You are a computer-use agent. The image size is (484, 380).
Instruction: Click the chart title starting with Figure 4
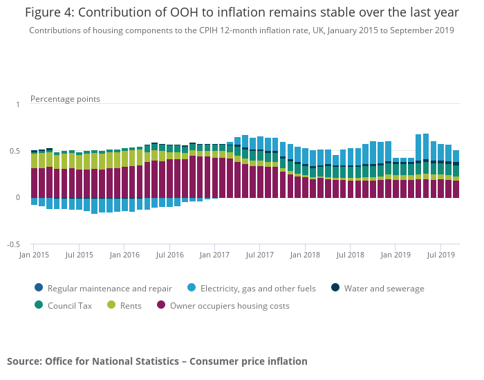(x=241, y=12)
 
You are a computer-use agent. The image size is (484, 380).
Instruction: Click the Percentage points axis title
(x=65, y=99)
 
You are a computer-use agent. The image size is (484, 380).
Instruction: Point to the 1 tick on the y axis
(x=18, y=105)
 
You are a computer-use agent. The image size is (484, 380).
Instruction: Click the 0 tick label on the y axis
(x=18, y=198)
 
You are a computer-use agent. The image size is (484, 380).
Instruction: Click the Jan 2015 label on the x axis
(x=35, y=255)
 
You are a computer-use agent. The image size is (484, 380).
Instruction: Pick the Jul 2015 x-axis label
(x=80, y=255)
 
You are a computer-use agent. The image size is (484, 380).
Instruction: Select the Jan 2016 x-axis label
(x=124, y=255)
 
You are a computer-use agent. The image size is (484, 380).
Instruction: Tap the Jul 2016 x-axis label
(x=170, y=255)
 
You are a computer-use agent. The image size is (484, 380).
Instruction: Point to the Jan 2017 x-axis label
(x=215, y=255)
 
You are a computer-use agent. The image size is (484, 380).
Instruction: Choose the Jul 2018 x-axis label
(x=351, y=255)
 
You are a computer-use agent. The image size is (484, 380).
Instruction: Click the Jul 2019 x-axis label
(x=441, y=255)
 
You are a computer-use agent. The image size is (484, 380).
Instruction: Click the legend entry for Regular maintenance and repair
(x=104, y=289)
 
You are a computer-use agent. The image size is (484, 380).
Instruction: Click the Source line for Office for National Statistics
(x=157, y=361)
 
